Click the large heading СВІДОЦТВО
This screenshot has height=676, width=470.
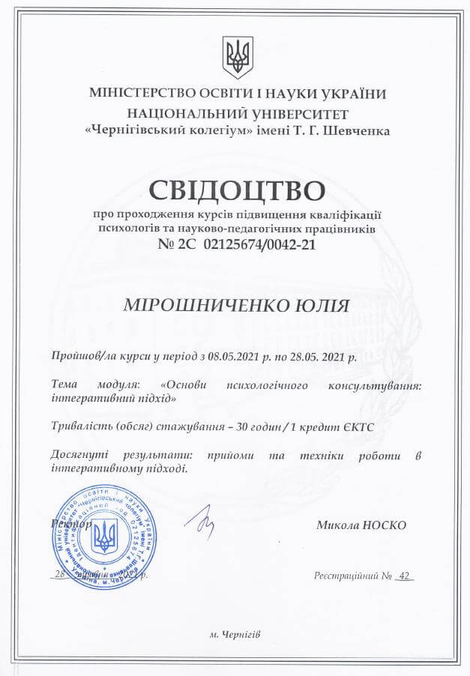[x=236, y=190]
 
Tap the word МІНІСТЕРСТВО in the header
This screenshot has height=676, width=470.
[x=140, y=94]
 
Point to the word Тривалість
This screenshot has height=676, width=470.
[x=79, y=426]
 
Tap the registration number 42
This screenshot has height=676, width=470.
[x=406, y=576]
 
